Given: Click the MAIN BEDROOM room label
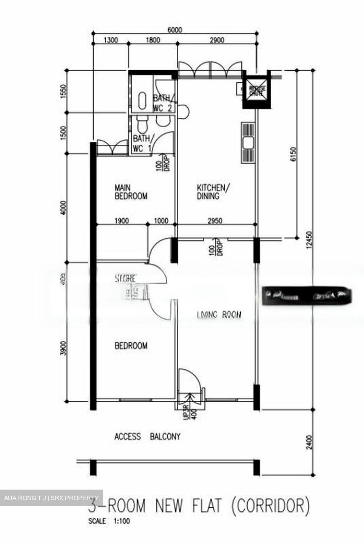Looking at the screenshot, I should [x=131, y=192].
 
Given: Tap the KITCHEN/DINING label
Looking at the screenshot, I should [x=211, y=192].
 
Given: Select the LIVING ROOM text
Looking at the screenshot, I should [x=219, y=314].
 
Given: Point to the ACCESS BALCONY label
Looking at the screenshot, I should [x=147, y=437].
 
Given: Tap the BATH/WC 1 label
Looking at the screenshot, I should [x=142, y=144].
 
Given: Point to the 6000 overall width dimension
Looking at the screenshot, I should [x=174, y=30].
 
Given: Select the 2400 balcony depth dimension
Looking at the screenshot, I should [x=309, y=442].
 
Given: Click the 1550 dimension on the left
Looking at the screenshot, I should [x=64, y=91].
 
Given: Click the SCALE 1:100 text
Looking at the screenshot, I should [x=109, y=521].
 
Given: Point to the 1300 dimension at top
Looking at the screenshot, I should [x=110, y=40].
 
